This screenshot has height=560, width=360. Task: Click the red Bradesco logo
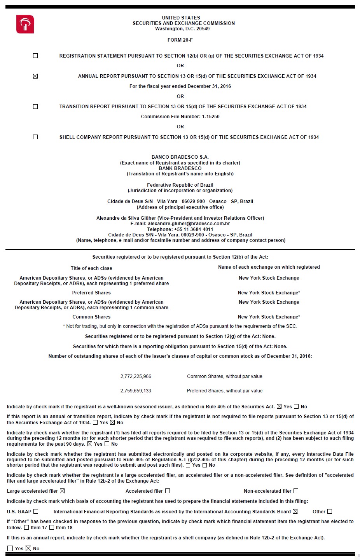point(25,24)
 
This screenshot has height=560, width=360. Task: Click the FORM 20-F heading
point(180,40)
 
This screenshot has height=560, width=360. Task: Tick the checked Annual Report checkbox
point(35,76)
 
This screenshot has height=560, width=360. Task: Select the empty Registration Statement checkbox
point(35,56)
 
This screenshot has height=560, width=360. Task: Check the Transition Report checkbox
point(35,107)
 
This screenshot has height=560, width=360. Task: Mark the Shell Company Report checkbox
point(35,137)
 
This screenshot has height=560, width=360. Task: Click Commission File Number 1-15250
point(180,117)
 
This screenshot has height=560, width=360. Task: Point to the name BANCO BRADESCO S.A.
point(180,157)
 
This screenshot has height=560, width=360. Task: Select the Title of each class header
point(91,268)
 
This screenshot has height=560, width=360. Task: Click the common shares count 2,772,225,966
point(136,376)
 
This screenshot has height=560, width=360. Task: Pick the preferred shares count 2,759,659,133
point(136,391)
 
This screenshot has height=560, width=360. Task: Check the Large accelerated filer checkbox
point(62,491)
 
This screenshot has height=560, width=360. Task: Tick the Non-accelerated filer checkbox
point(296,491)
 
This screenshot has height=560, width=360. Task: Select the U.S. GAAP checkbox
point(36,512)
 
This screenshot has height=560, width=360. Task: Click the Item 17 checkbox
point(26,528)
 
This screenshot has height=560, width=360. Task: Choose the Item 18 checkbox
point(52,528)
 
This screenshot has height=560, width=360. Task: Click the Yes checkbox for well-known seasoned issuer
point(279,407)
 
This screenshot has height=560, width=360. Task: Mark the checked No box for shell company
point(28,549)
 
